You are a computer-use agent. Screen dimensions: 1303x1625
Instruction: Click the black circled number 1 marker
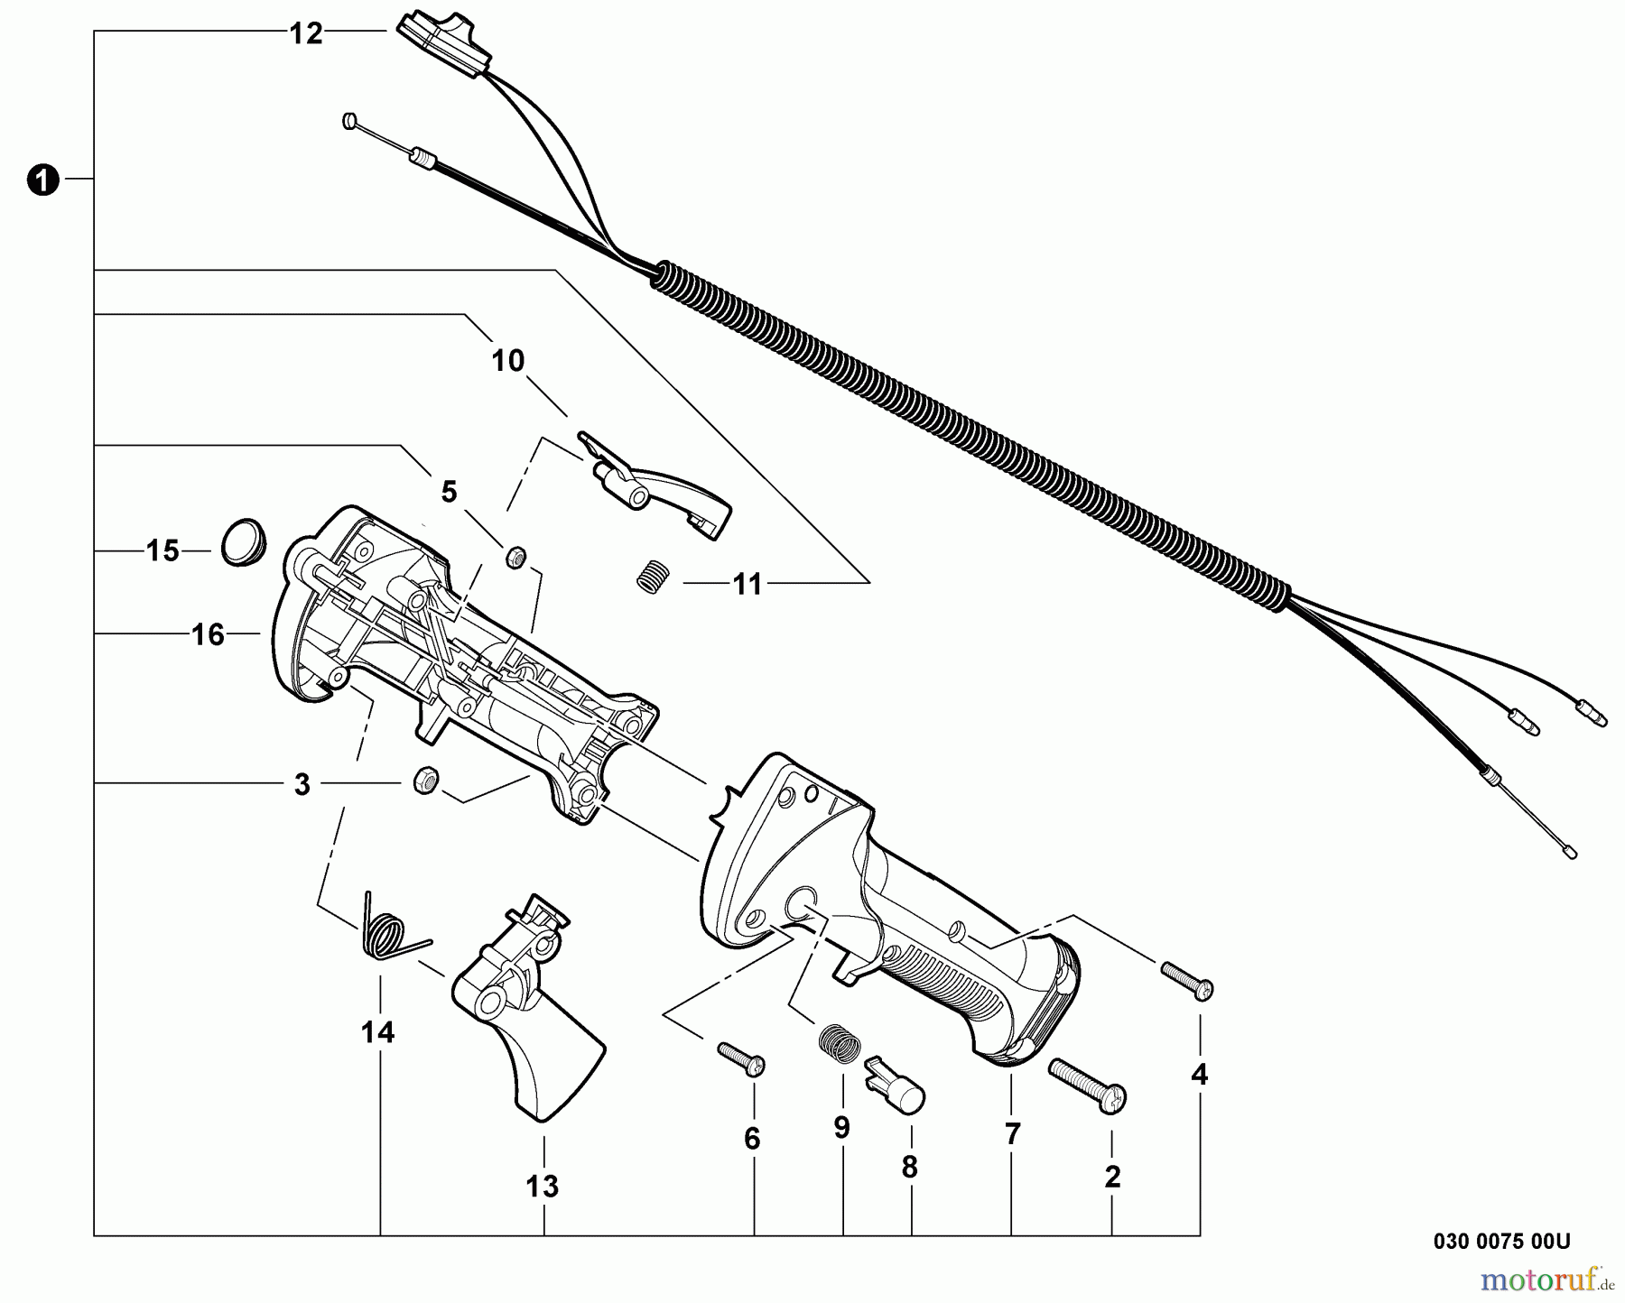tap(42, 180)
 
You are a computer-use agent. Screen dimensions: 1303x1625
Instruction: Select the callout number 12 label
tap(306, 34)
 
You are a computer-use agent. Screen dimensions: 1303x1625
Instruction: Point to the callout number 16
tap(208, 635)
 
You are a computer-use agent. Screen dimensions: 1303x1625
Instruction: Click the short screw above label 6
tap(741, 1058)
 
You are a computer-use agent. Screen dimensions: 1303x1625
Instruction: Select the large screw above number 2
tap(1088, 1084)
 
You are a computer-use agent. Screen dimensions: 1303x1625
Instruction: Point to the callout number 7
tap(1012, 1134)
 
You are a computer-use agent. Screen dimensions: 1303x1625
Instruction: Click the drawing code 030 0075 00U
tap(1501, 1242)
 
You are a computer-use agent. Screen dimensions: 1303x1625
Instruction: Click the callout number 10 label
tap(507, 361)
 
